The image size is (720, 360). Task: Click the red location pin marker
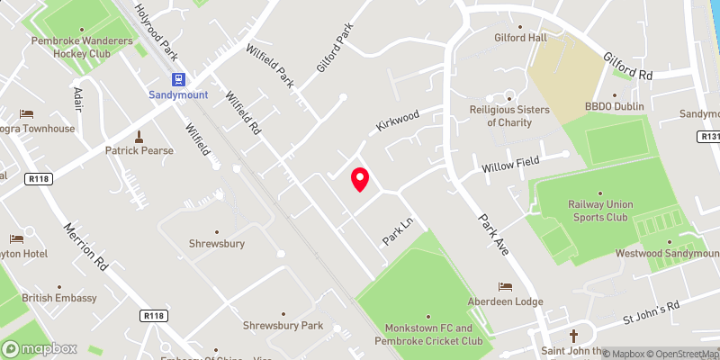360,179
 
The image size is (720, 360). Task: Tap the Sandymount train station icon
177,78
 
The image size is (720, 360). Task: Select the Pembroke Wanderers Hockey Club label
81,47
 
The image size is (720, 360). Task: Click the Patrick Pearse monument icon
139,137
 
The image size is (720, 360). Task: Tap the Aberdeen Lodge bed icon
505,286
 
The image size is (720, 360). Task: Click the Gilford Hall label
521,39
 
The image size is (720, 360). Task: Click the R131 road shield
708,137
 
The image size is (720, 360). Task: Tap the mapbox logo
40,348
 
